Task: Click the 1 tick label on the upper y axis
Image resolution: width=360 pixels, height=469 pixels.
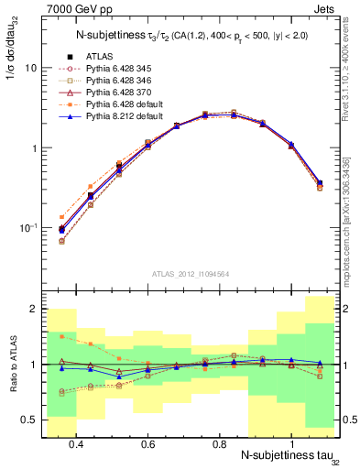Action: click(34, 148)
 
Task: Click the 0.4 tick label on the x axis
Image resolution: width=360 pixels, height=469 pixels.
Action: click(76, 444)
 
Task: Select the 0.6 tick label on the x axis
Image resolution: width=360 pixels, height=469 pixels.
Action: click(147, 444)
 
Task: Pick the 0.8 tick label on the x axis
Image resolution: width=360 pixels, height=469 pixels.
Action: click(219, 444)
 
